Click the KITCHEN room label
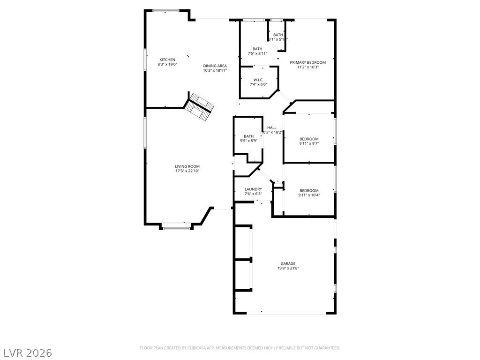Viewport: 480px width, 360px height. click(167, 60)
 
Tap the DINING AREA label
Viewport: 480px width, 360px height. click(215, 66)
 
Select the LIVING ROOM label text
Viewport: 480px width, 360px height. click(187, 166)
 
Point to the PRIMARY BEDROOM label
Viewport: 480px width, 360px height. click(307, 62)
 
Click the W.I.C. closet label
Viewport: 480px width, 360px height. click(258, 80)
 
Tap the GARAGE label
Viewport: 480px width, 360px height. click(288, 263)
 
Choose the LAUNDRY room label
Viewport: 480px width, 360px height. click(253, 189)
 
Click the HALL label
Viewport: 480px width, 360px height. click(272, 127)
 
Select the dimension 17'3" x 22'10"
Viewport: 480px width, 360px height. click(187, 171)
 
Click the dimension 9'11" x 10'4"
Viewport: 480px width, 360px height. click(309, 195)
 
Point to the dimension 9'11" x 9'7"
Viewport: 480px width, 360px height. click(309, 143)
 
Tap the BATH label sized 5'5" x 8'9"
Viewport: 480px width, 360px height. click(248, 136)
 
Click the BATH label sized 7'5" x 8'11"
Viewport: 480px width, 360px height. click(257, 49)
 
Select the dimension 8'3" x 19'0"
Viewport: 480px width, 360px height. click(167, 64)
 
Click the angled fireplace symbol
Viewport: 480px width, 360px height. click(199, 107)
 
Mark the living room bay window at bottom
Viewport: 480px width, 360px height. click(177, 228)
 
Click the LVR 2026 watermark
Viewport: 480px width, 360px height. click(28, 352)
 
